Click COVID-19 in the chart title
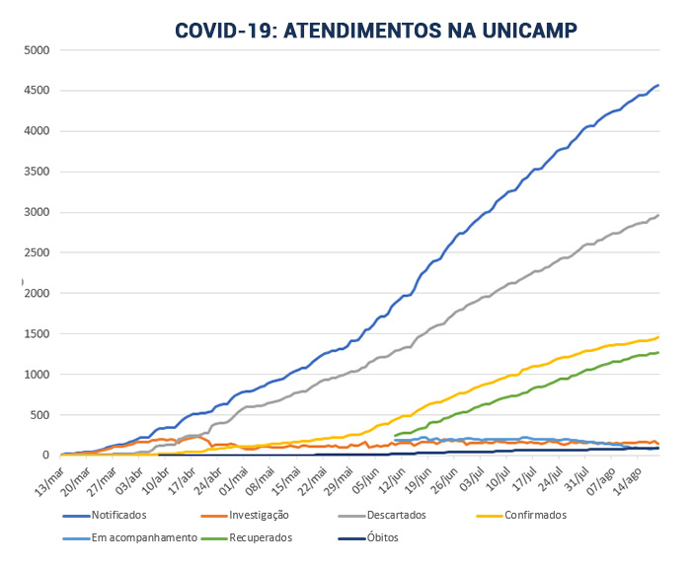tap(224, 32)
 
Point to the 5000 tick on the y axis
tap(37, 50)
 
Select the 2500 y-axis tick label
tap(37, 252)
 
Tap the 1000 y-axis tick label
tap(37, 374)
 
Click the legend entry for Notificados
tap(118, 515)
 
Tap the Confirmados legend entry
tap(535, 515)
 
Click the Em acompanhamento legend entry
tap(136, 538)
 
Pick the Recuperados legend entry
tap(263, 538)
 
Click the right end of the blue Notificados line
tap(659, 85)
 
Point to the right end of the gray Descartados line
tap(659, 215)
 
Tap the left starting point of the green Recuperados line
tap(395, 435)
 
